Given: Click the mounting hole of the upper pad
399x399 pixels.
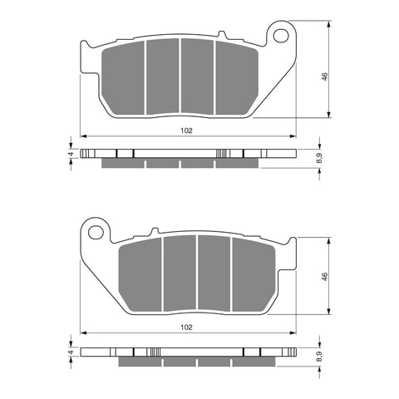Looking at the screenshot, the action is [280, 36].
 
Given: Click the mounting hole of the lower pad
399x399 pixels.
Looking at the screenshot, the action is [96, 232].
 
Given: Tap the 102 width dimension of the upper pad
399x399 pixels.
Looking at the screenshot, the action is [186, 131].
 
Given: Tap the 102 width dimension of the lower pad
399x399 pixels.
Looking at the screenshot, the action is [186, 328].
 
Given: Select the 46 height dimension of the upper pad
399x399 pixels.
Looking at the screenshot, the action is [324, 76].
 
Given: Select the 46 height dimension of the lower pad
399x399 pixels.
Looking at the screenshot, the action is [324, 276].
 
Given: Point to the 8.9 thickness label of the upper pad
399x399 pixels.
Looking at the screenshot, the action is [320, 158].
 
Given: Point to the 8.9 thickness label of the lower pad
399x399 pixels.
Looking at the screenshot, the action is [320, 357].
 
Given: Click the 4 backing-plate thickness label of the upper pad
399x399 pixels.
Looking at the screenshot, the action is [71, 154].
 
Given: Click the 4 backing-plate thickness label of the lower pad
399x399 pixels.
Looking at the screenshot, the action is [71, 352].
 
